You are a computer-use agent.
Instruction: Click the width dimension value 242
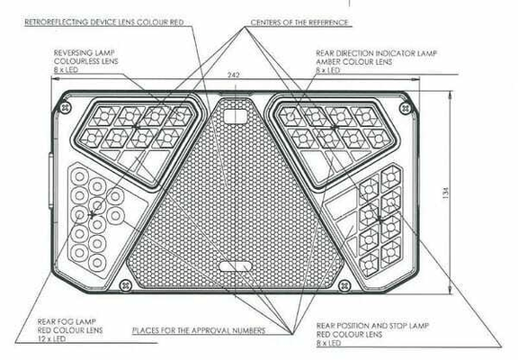coord(233,75)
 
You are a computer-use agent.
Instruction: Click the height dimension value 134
coord(446,193)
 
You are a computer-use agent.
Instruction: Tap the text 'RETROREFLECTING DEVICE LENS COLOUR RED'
coord(104,22)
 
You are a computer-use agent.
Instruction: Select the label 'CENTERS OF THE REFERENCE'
coord(299,22)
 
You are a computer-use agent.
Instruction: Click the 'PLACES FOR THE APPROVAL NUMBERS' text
coord(199,330)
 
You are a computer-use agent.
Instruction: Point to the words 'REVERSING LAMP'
coord(85,52)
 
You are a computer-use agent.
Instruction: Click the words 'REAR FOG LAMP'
coord(67,321)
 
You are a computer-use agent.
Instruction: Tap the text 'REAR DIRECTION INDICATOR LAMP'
coord(377,53)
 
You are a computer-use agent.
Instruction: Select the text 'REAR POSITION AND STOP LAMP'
coord(372,326)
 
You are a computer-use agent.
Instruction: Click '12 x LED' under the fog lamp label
coord(51,338)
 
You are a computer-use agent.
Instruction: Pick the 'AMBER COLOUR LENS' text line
coord(354,61)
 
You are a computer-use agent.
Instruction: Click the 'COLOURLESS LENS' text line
coord(86,61)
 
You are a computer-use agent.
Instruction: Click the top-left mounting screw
coord(67,107)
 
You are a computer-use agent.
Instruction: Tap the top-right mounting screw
coord(406,108)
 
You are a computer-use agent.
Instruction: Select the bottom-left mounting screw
coord(125,284)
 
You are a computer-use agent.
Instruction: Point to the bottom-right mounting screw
coord(344,284)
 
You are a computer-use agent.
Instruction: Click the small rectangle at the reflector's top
coord(236,116)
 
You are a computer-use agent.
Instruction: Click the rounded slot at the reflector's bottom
coord(236,266)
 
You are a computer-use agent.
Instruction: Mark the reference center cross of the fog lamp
coord(92,215)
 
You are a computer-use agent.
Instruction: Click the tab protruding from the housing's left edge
coord(51,181)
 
